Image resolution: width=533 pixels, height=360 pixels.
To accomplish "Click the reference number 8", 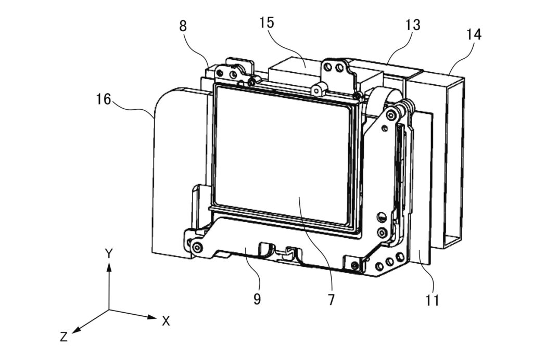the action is pyautogui.click(x=183, y=26).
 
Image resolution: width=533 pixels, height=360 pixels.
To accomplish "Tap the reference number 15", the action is pyautogui.click(x=266, y=22).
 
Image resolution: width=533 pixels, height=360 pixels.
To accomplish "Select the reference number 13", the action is pyautogui.click(x=413, y=25).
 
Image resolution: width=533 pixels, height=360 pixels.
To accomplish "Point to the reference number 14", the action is pyautogui.click(x=474, y=34).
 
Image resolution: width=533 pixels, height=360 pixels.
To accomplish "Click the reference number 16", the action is pyautogui.click(x=104, y=99).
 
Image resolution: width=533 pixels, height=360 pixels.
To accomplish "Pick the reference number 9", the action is pyautogui.click(x=257, y=299).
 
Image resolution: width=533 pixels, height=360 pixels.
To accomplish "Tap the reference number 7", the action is pyautogui.click(x=331, y=300).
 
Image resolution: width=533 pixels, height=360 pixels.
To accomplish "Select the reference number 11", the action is pyautogui.click(x=433, y=300).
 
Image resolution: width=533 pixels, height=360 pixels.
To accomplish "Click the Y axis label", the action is pyautogui.click(x=109, y=253).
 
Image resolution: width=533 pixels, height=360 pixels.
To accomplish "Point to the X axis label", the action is pyautogui.click(x=166, y=321).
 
